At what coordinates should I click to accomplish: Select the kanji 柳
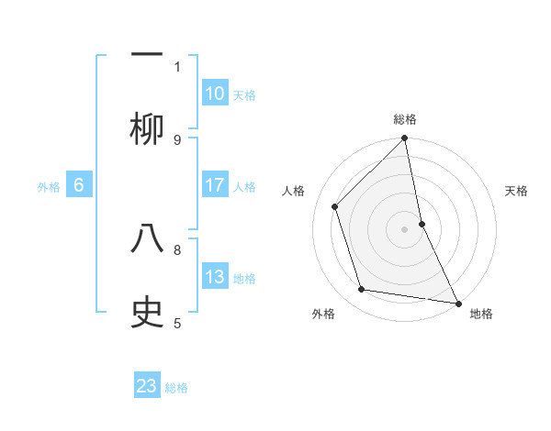click(147, 129)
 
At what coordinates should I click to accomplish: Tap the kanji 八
click(147, 239)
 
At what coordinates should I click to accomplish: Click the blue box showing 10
click(215, 94)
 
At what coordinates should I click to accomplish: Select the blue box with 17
click(215, 185)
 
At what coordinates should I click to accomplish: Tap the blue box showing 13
click(215, 277)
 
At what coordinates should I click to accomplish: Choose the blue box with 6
click(79, 185)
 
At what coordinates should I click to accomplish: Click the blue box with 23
click(147, 386)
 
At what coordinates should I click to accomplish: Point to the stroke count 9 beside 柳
click(177, 139)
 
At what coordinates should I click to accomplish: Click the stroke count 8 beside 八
click(177, 249)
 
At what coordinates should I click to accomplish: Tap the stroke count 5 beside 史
click(177, 322)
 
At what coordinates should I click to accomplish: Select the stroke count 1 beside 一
click(177, 66)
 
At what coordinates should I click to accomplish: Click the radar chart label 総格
click(405, 119)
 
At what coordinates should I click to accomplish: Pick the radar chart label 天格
click(517, 191)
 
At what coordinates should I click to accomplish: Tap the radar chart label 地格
click(481, 315)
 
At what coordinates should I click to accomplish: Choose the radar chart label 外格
click(323, 315)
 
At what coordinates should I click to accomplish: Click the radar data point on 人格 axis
click(335, 206)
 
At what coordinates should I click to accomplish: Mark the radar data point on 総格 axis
click(405, 138)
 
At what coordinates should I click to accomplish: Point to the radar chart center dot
click(405, 228)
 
